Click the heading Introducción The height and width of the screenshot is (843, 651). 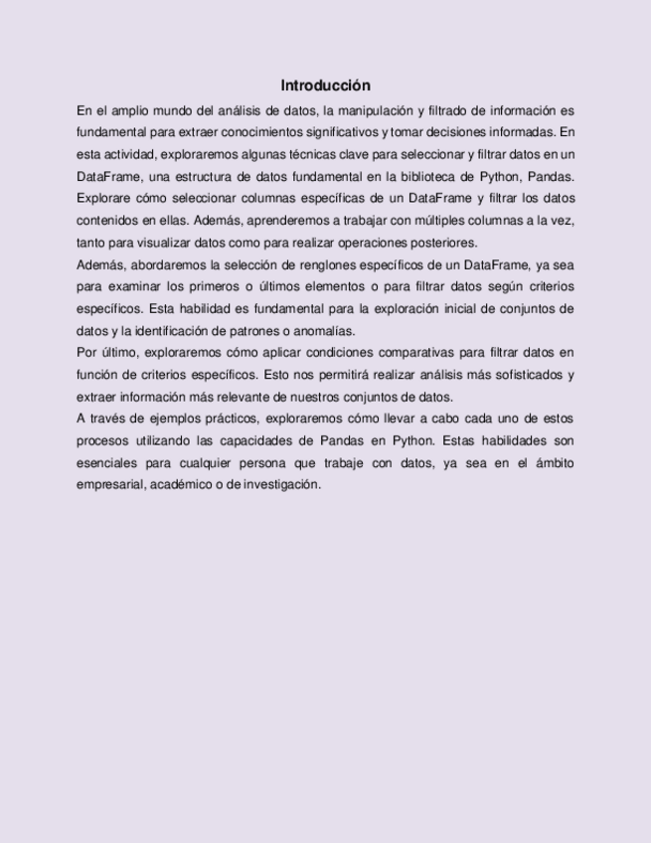[x=325, y=85]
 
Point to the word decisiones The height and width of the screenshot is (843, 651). [x=466, y=132]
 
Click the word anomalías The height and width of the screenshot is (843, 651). [x=323, y=331]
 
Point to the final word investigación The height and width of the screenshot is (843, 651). [x=280, y=484]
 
